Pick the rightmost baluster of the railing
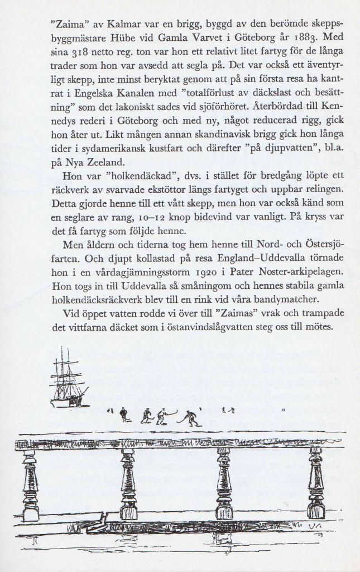[x=316, y=483]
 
